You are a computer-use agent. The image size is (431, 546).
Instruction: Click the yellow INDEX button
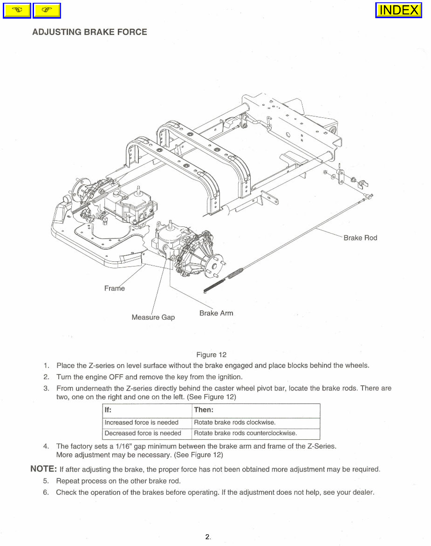point(398,10)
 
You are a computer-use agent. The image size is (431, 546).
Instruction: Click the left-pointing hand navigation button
point(17,10)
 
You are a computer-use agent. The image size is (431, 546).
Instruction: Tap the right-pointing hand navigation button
point(47,10)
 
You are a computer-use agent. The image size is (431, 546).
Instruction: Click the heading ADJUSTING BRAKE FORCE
point(89,32)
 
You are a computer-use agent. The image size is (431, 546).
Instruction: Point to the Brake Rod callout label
point(360,238)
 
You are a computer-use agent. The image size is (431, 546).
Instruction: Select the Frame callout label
point(114,288)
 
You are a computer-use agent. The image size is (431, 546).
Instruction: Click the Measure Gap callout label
point(153,317)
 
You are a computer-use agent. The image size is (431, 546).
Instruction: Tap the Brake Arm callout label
point(216,313)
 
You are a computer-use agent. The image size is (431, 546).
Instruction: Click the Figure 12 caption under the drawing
point(211,355)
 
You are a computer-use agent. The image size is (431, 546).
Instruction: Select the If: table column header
point(108,410)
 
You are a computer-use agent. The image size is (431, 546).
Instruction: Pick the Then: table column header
point(204,410)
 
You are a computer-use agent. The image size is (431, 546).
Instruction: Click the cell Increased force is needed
point(142,423)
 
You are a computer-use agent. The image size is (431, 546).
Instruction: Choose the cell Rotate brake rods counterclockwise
point(245,433)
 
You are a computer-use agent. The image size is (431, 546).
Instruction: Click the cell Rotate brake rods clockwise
point(234,423)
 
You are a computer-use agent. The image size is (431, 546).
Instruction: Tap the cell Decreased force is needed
point(143,433)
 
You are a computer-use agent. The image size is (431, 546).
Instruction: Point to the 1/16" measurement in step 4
point(123,446)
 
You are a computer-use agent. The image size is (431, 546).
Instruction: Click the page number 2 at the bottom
point(207,537)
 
